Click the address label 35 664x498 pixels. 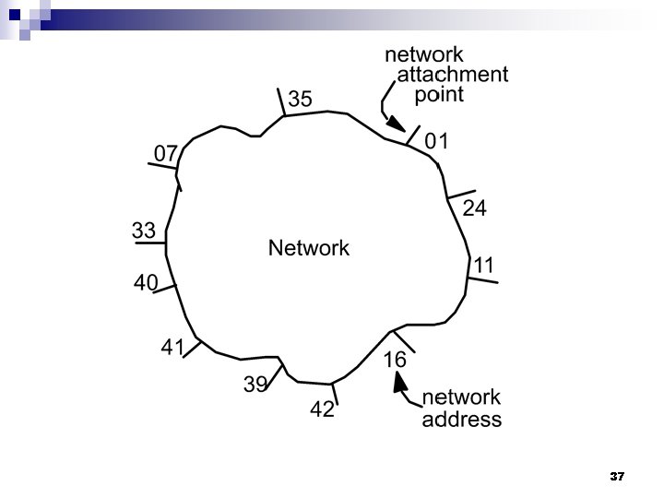301,99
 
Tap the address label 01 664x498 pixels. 436,141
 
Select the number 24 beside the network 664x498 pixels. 474,208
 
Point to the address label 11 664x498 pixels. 484,266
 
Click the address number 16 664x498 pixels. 395,361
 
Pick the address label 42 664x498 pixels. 322,410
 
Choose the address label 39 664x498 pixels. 255,385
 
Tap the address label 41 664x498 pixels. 173,348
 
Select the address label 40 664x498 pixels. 146,283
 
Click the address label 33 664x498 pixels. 143,231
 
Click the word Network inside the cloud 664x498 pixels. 309,248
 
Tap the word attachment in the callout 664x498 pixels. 452,75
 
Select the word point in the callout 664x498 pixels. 439,94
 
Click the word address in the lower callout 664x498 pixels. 462,420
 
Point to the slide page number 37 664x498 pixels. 617,477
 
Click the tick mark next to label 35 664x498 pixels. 281,102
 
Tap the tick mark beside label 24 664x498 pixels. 460,195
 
